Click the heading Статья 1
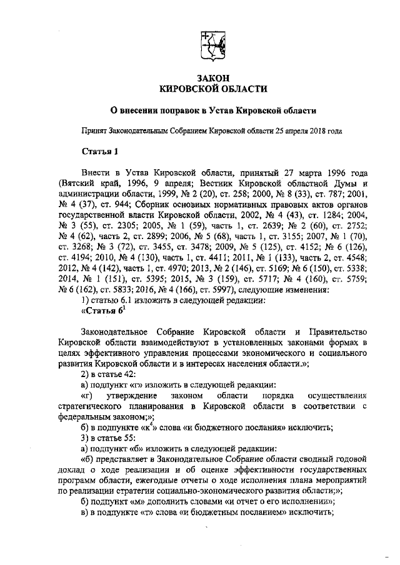99,152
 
